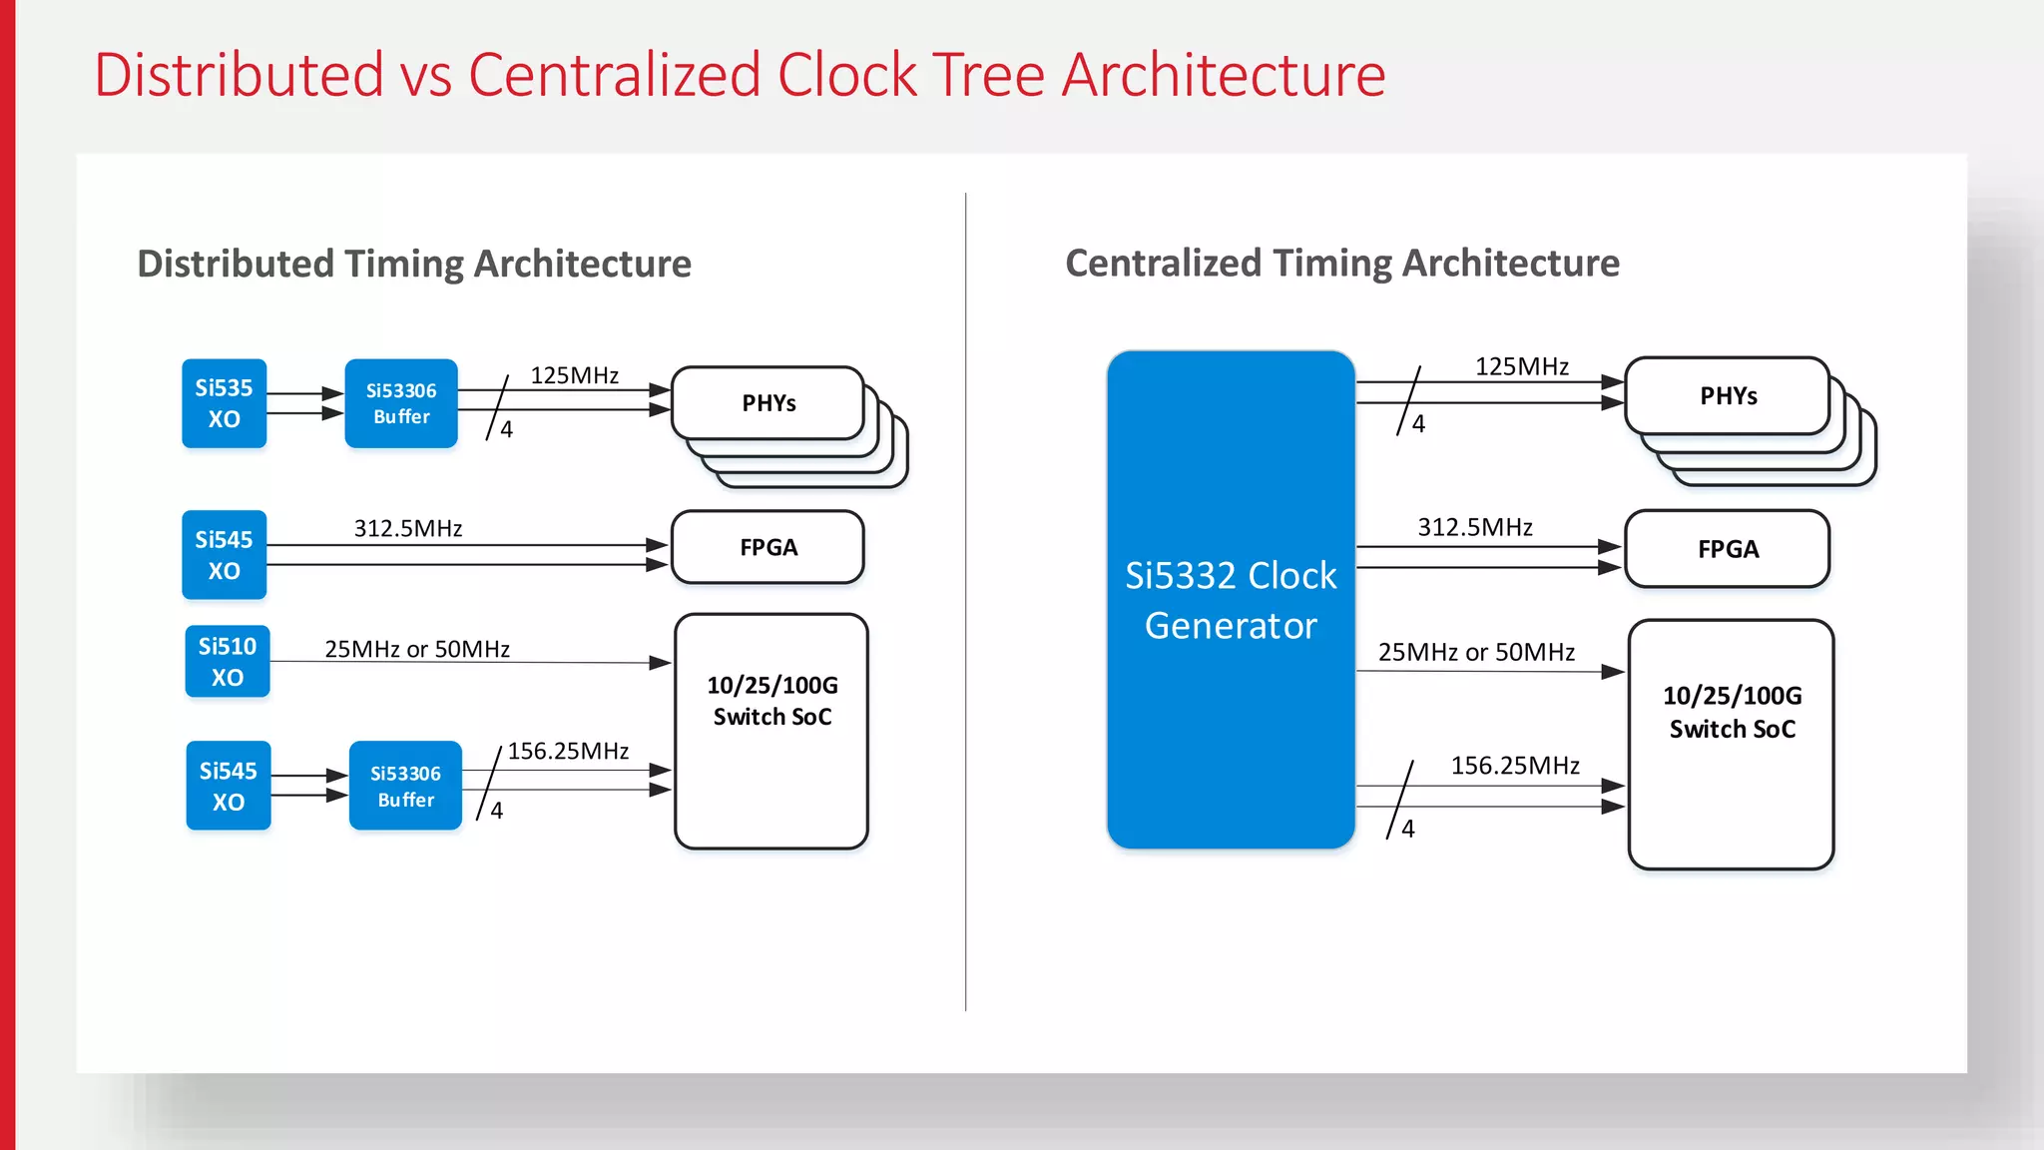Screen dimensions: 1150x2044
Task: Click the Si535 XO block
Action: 224,403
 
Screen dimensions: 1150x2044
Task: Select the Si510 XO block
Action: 228,661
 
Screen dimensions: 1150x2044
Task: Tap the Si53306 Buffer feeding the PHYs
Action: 401,403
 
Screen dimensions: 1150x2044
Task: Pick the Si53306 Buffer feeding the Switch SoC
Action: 405,786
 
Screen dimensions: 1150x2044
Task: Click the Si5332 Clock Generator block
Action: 1231,599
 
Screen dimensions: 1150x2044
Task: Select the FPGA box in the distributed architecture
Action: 767,547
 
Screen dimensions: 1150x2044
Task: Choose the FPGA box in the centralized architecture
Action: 1728,549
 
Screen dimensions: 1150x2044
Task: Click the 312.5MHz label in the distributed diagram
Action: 408,528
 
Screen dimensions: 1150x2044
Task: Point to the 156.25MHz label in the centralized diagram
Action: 1514,766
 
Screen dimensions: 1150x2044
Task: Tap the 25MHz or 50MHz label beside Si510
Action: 417,649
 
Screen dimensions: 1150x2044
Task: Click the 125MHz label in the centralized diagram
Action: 1521,366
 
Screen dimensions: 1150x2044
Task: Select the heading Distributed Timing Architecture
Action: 414,264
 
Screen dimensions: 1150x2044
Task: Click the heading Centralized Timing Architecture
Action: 1342,263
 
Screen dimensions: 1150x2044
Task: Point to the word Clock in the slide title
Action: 847,75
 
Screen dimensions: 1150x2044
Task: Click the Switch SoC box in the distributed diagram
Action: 771,731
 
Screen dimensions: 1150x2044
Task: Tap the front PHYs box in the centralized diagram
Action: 1728,396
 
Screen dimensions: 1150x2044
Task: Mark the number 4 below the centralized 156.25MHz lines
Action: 1408,829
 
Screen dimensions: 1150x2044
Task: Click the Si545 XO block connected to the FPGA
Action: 224,555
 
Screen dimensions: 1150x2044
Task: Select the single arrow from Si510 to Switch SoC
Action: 469,662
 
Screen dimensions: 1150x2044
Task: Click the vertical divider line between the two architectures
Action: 966,599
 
